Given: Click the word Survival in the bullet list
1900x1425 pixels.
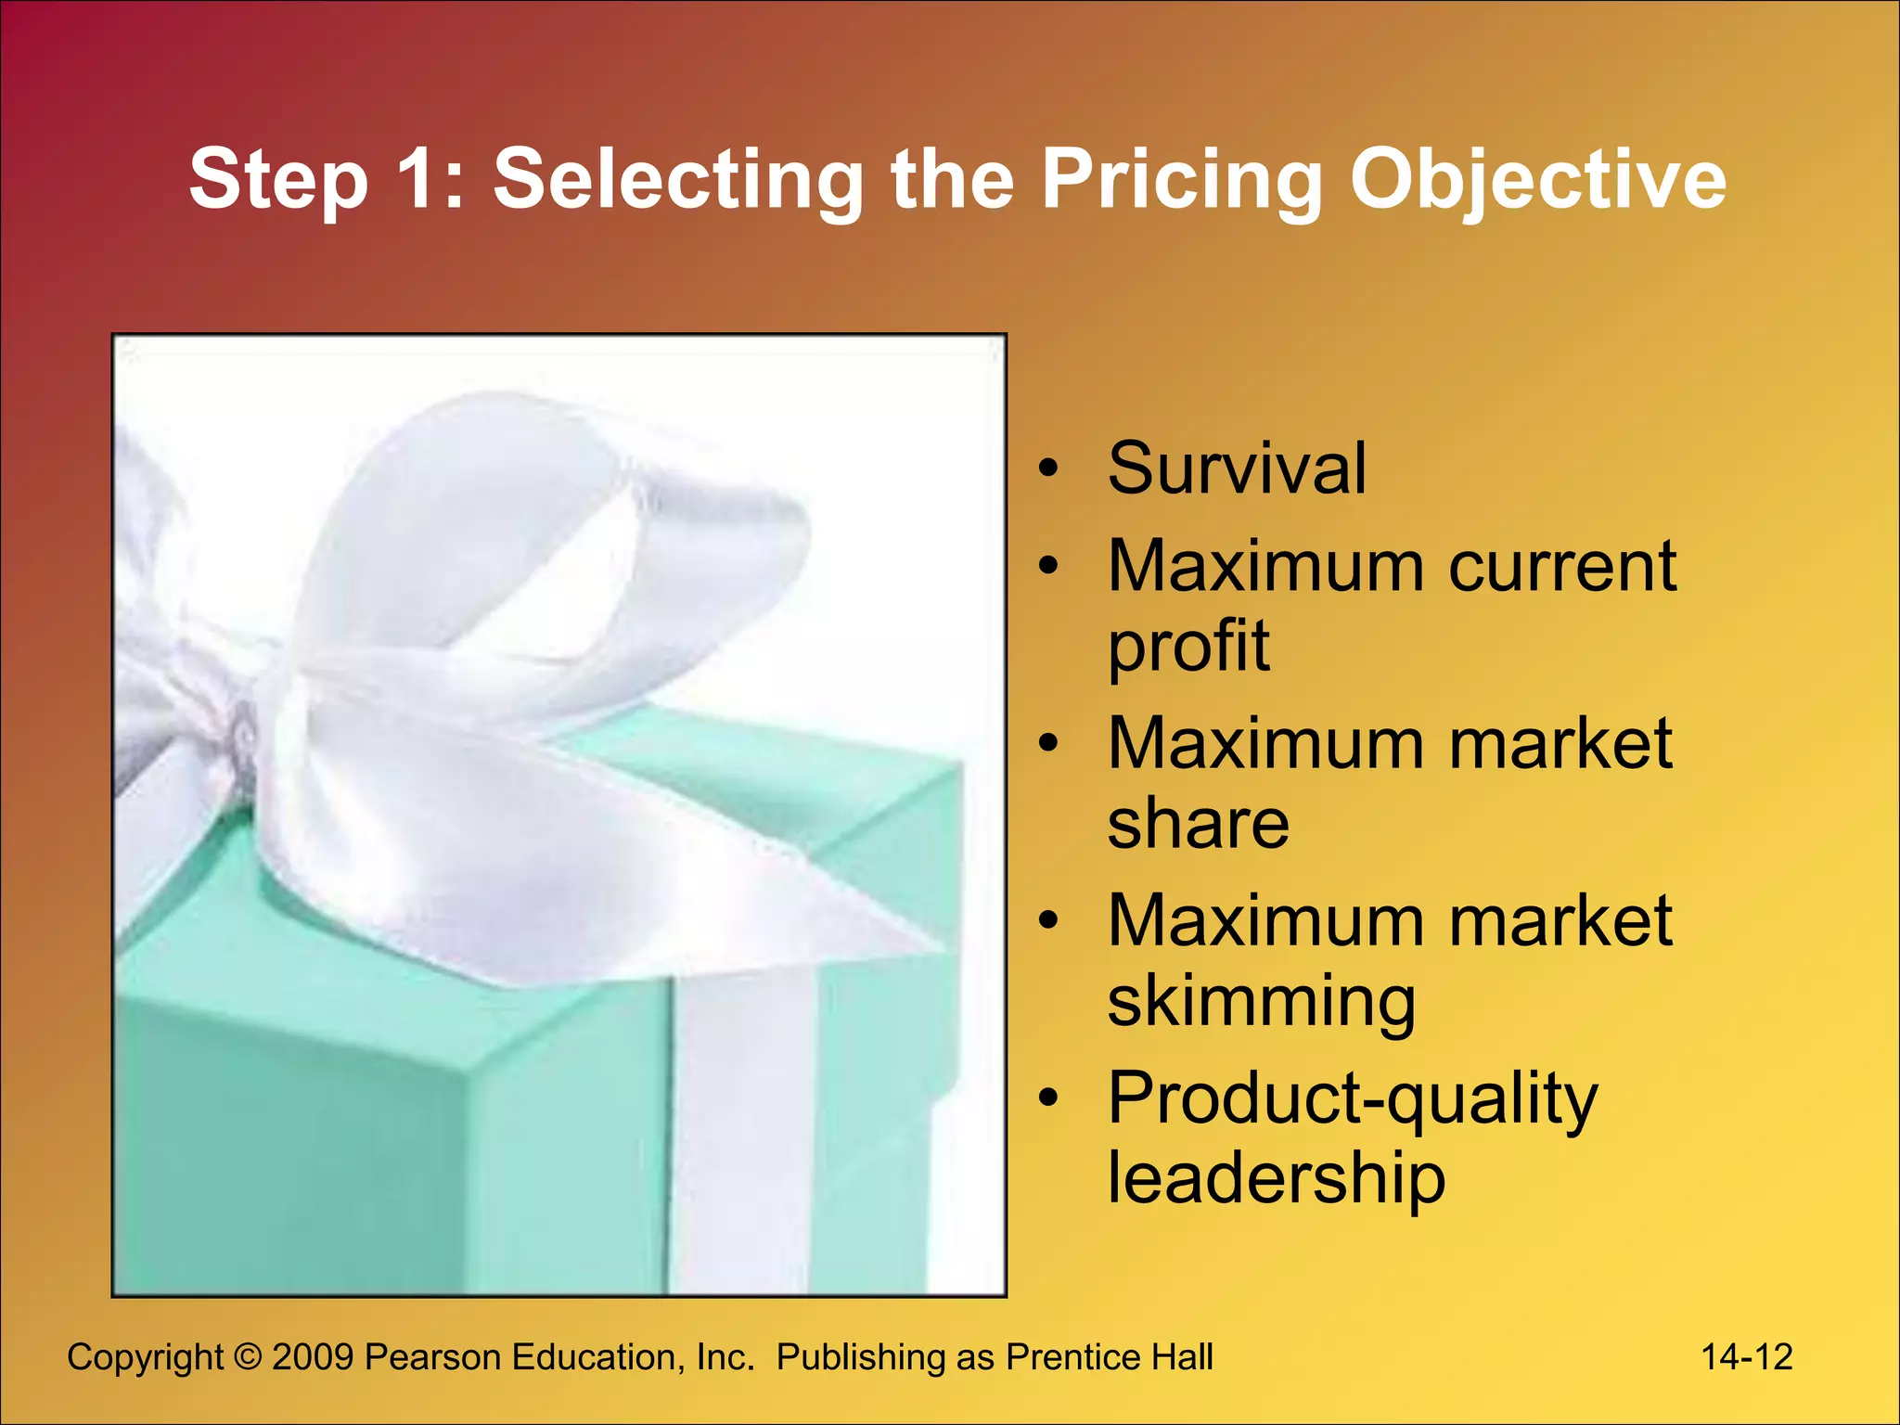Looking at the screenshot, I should (1237, 469).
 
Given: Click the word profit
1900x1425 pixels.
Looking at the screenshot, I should (1187, 647).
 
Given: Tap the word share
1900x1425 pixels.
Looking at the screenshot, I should (1198, 824).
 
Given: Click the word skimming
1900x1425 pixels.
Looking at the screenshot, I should (1261, 1002).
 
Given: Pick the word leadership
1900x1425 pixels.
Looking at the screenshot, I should (1276, 1178).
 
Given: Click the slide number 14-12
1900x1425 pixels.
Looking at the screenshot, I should (1746, 1357).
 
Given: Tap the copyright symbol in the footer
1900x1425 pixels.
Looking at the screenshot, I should (248, 1358).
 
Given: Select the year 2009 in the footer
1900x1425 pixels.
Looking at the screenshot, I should (313, 1358).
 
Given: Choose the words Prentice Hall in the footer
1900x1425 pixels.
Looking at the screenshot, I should (1110, 1358).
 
